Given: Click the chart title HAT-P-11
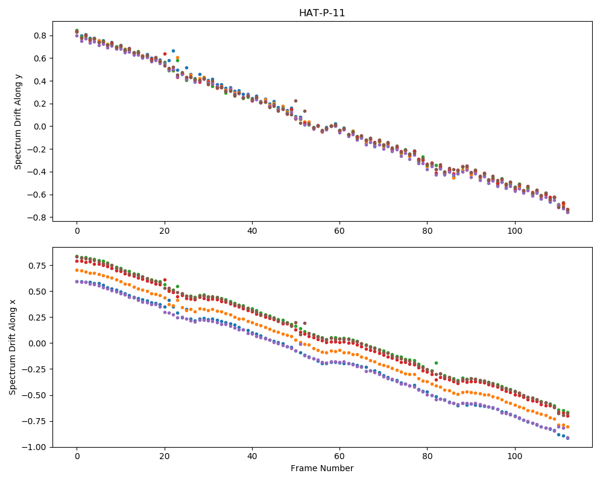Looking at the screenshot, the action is [322, 13].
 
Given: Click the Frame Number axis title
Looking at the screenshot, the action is [322, 468].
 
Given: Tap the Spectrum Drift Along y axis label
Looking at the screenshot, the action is [17, 122].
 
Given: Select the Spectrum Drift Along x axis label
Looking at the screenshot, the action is [13, 347].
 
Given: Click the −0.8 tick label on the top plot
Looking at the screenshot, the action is [37, 218].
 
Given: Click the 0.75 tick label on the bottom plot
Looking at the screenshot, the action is [39, 266].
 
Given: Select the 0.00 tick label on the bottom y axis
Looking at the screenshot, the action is [39, 343].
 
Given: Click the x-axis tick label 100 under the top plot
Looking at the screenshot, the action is [514, 231].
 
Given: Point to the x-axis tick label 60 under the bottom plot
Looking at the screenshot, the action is [339, 457].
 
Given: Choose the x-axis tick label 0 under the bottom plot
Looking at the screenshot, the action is [77, 457].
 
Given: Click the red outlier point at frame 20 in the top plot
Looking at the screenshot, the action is [165, 54].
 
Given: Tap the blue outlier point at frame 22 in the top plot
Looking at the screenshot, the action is [173, 51].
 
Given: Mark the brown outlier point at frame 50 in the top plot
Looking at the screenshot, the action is [295, 101].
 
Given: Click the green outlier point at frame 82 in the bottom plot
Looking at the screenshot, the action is [436, 363].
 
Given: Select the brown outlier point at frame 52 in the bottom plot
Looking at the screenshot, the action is [305, 324].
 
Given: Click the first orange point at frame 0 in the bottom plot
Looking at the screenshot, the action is [77, 270].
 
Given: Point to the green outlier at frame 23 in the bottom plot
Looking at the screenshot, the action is [178, 286].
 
